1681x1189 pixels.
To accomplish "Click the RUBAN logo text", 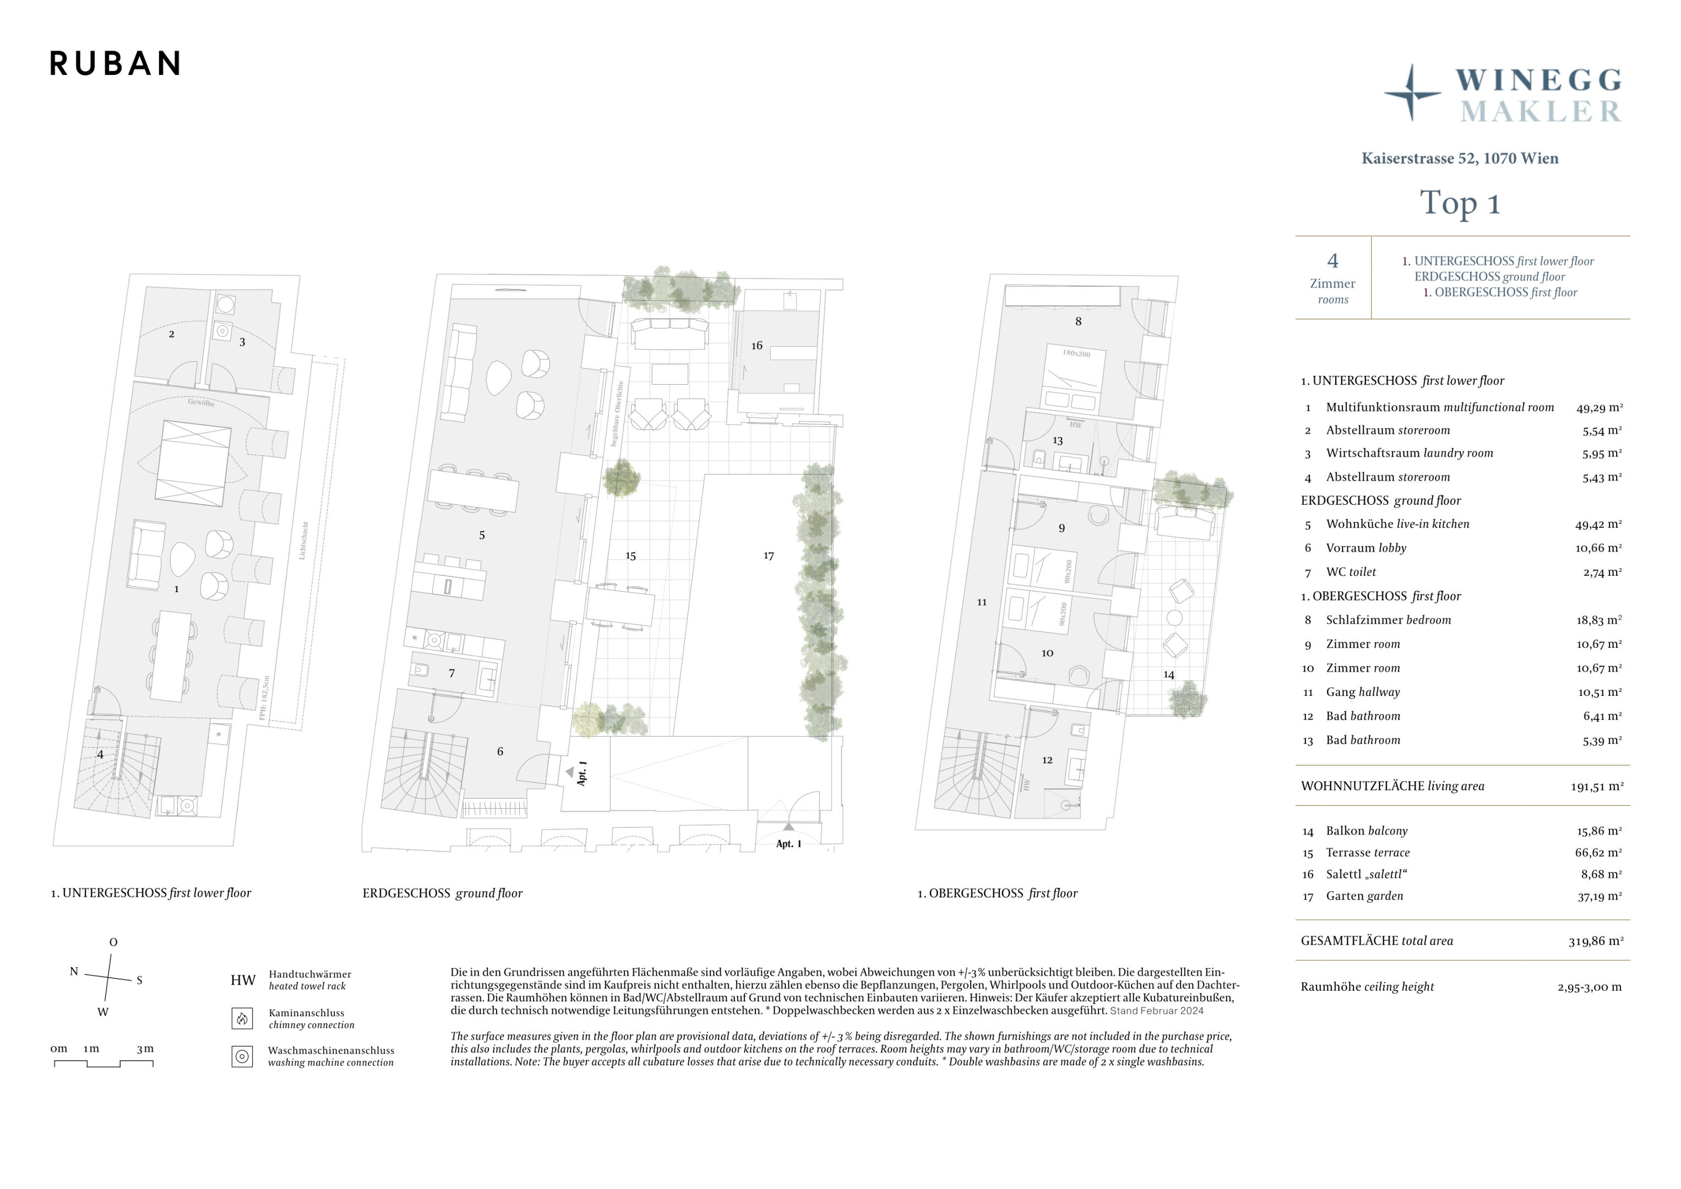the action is coord(115,64).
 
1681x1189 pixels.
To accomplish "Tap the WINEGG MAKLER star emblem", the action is coord(1412,93).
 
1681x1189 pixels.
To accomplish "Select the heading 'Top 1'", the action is coord(1460,203).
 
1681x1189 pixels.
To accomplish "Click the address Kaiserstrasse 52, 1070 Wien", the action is coord(1460,158).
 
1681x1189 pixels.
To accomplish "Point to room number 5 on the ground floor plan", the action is coord(482,535).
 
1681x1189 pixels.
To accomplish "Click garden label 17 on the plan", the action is coord(768,556).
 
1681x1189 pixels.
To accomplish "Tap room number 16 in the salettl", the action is coord(757,346).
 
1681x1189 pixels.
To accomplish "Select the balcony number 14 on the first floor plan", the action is coord(1168,674).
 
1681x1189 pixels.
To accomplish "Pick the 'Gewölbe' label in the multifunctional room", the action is coord(202,402).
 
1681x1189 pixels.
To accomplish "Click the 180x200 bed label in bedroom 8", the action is coord(1076,353).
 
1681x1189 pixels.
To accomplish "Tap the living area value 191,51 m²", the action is coord(1597,786).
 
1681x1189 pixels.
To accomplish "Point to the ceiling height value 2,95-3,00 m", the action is coord(1590,987).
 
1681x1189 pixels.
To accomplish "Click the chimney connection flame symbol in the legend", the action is coord(242,1018).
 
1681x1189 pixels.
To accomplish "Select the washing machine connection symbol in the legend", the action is coord(242,1056).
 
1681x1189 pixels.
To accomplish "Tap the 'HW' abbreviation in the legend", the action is coord(243,980).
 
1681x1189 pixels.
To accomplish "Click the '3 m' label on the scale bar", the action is coord(145,1049).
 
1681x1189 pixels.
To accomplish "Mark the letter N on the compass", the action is coord(74,972).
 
